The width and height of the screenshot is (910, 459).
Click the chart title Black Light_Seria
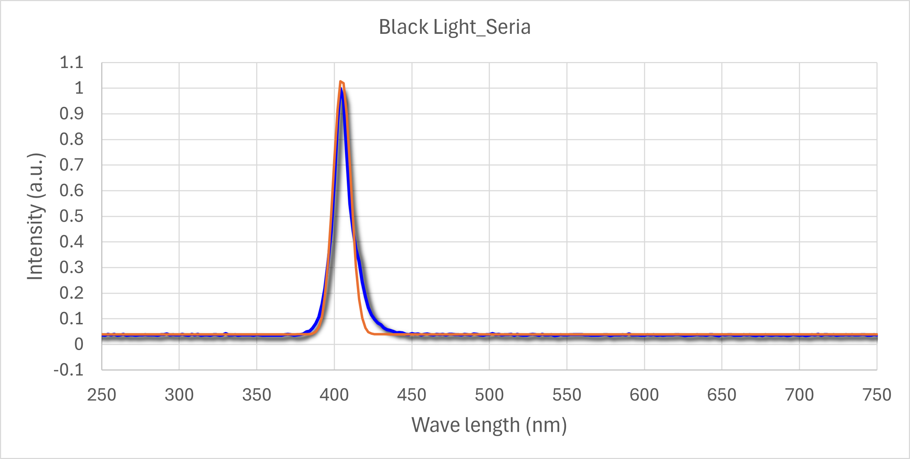(x=454, y=27)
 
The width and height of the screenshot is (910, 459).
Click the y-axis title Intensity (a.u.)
(x=35, y=216)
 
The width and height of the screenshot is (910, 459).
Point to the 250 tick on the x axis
(x=102, y=395)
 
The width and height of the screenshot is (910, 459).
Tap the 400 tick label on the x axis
(x=334, y=395)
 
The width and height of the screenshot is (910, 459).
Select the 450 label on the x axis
(x=411, y=395)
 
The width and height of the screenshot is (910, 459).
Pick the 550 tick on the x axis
(x=567, y=395)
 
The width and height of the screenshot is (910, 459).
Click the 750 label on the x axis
(x=877, y=395)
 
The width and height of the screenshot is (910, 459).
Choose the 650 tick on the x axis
(x=722, y=395)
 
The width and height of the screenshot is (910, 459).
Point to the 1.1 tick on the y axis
(x=72, y=62)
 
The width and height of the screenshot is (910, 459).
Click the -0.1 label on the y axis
(x=68, y=370)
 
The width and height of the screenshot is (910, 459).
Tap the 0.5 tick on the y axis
(x=72, y=216)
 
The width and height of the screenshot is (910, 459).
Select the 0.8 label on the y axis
(x=72, y=140)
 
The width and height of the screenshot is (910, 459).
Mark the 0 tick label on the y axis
(x=79, y=344)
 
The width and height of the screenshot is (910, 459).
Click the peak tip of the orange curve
(x=340, y=81)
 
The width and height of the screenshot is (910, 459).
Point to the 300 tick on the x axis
(x=179, y=395)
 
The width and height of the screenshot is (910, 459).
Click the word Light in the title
(x=454, y=27)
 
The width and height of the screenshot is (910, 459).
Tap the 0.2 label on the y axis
(x=72, y=293)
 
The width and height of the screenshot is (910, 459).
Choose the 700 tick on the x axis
(x=800, y=395)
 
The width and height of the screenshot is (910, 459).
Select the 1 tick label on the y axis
(x=79, y=88)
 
